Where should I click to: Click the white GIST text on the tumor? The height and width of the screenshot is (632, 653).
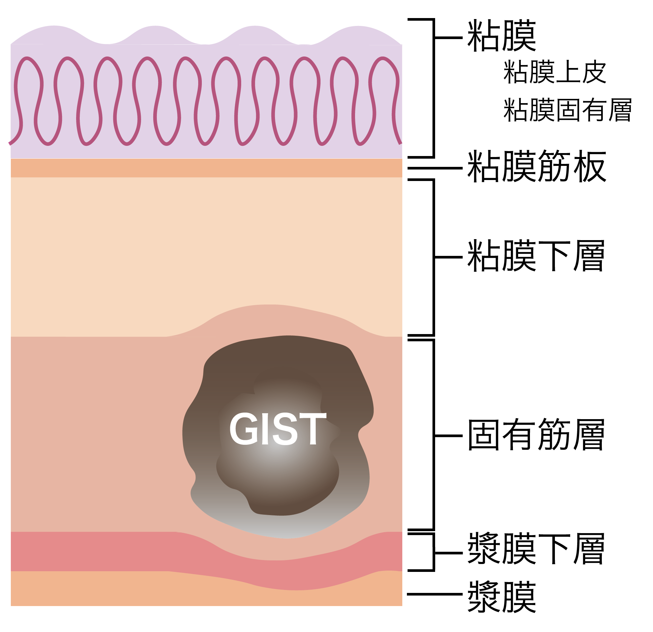tap(278, 429)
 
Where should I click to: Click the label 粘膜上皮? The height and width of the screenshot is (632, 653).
tap(555, 72)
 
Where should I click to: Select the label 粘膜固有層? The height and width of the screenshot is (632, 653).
tap(568, 110)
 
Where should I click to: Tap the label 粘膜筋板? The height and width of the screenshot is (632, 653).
tap(537, 166)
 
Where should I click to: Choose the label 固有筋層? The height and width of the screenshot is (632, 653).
tap(536, 435)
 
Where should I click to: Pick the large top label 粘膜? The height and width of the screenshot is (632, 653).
tap(502, 35)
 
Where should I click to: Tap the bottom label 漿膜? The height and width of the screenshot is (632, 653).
tap(502, 597)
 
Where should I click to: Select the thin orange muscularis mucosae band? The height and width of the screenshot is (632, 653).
tap(206, 168)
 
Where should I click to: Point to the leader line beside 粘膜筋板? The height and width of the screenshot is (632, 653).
tap(435, 168)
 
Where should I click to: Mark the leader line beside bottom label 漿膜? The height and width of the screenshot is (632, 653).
tap(435, 594)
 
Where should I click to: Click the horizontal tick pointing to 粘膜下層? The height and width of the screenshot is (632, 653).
tap(449, 257)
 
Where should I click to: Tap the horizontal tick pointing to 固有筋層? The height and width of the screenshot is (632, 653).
tap(449, 436)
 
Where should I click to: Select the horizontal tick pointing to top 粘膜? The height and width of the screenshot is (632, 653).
tap(449, 38)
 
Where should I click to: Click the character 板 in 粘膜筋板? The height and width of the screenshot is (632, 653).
tap(589, 166)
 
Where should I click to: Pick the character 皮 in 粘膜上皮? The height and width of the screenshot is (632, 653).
tap(594, 72)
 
